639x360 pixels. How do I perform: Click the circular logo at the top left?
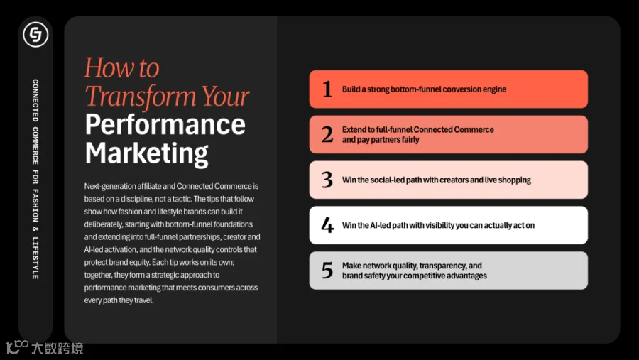(x=35, y=34)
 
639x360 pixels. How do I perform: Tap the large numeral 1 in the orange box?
(x=327, y=89)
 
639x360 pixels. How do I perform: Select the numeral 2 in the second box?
(x=327, y=134)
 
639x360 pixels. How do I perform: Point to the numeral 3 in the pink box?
(x=327, y=180)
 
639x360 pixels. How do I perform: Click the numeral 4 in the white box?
(x=327, y=225)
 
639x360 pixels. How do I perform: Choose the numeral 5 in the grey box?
(x=327, y=271)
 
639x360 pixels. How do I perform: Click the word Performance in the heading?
(x=165, y=125)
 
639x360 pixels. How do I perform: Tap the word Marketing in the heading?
(x=146, y=153)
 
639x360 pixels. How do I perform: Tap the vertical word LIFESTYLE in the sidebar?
(x=35, y=258)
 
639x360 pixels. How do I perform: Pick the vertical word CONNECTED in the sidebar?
(x=35, y=100)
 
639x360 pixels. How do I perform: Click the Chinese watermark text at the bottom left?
(x=57, y=348)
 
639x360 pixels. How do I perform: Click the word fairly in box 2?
(x=409, y=139)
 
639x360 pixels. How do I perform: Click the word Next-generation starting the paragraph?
(x=110, y=186)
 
